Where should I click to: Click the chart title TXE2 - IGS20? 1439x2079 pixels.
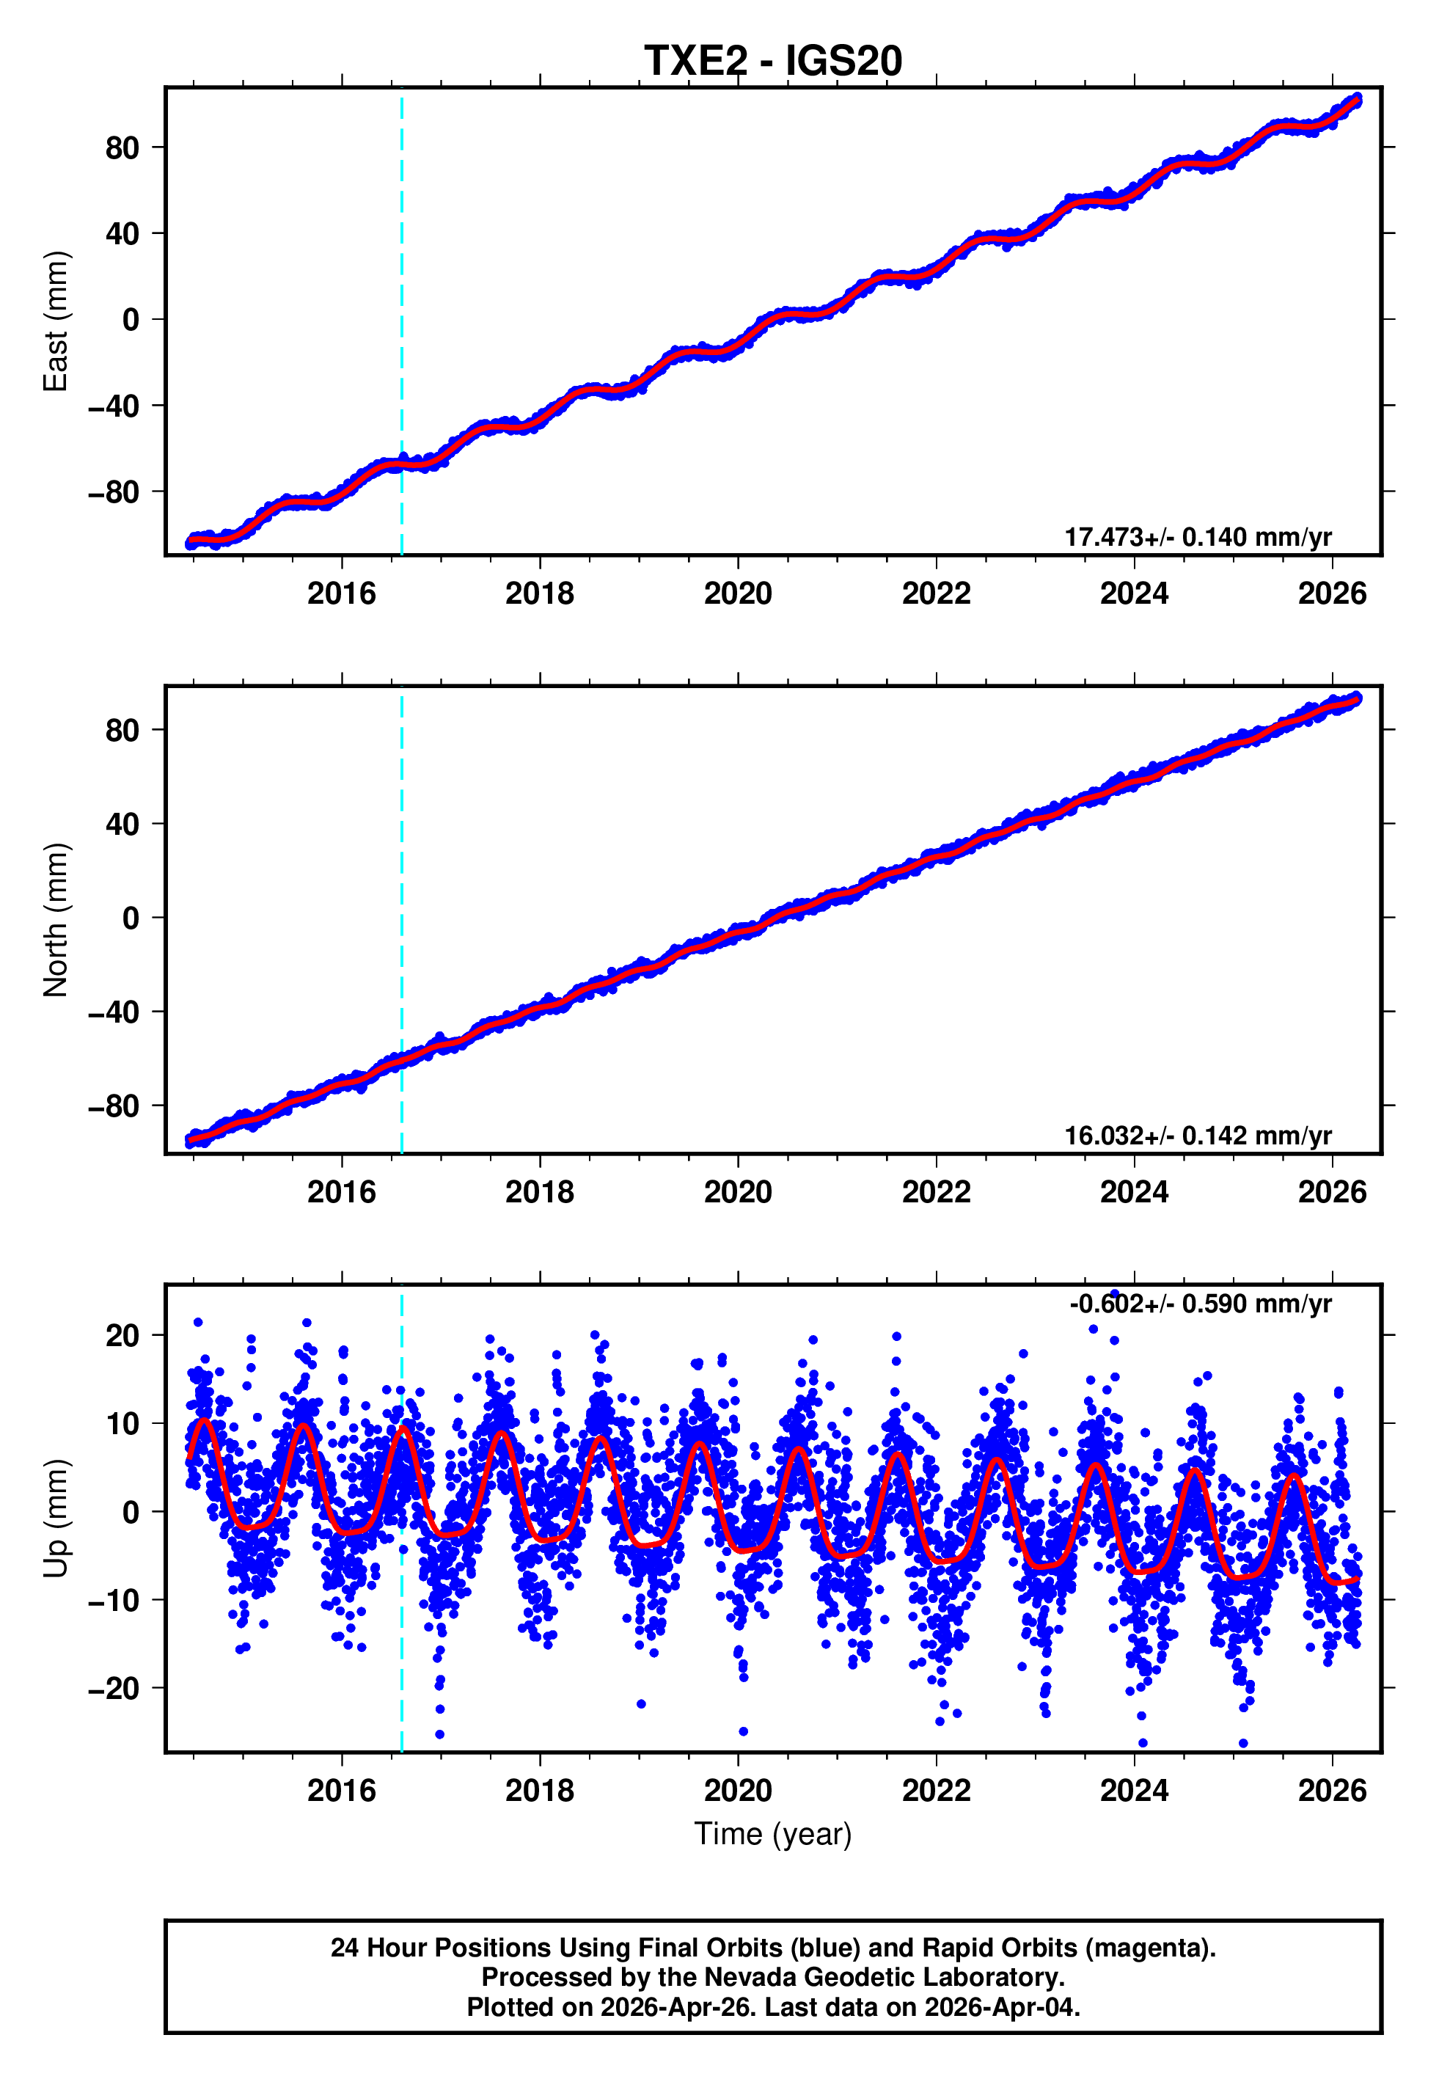773,62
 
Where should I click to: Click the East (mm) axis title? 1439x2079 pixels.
56,321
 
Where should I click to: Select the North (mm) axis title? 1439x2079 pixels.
56,920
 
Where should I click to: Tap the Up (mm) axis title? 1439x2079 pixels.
56,1519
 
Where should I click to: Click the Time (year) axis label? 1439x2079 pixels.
773,1834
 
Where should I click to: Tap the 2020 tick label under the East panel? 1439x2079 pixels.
738,594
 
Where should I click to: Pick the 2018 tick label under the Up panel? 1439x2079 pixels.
539,1791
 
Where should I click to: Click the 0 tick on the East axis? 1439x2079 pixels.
131,320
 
